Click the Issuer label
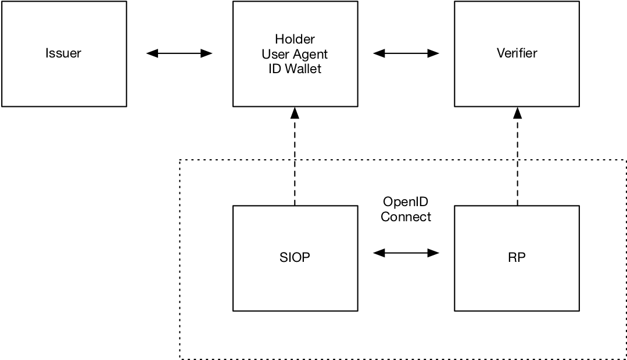coord(63,53)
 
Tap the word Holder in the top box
coord(295,39)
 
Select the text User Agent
coord(295,54)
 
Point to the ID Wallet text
coord(295,69)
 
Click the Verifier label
coord(517,53)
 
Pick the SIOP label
coord(295,258)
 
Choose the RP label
coord(517,258)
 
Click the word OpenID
coord(406,202)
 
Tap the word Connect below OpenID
coord(406,217)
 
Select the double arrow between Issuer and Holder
coord(179,53)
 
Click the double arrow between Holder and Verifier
coord(406,53)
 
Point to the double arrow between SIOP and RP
coord(406,253)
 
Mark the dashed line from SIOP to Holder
coord(295,163)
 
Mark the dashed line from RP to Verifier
coord(517,163)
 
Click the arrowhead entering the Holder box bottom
coord(295,113)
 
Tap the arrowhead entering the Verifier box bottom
coord(517,113)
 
